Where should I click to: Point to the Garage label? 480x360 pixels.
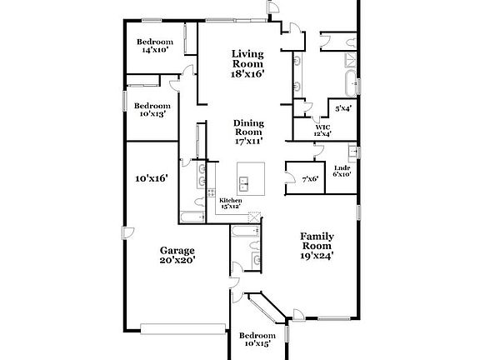pos(177,250)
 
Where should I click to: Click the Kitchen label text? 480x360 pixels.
pos(230,201)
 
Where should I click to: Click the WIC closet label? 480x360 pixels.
pos(322,127)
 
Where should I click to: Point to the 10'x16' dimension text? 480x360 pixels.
pos(152,177)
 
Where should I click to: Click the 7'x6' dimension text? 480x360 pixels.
pos(311,178)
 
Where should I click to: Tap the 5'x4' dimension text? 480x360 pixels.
pos(342,108)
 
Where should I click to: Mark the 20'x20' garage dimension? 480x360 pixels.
pos(177,260)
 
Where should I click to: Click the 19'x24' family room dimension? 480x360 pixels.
pos(317,257)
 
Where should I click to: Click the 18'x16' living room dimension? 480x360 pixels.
pos(247,74)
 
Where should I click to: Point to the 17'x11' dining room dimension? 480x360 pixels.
pos(248,142)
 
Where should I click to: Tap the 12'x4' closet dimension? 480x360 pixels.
pos(322,134)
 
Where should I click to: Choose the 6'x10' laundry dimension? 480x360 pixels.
pos(341,174)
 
